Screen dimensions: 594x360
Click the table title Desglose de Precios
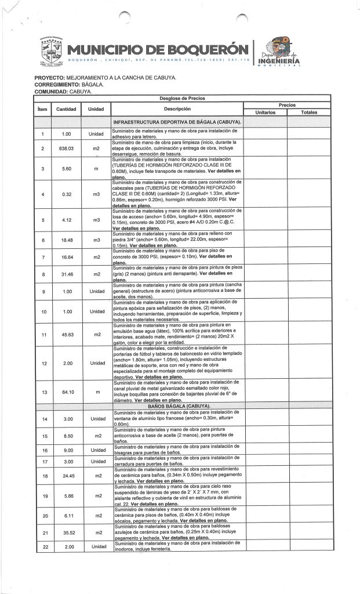pos(177,99)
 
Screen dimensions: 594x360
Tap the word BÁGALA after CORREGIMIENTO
pos(91,85)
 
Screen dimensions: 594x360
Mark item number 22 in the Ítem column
pos(42,547)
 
